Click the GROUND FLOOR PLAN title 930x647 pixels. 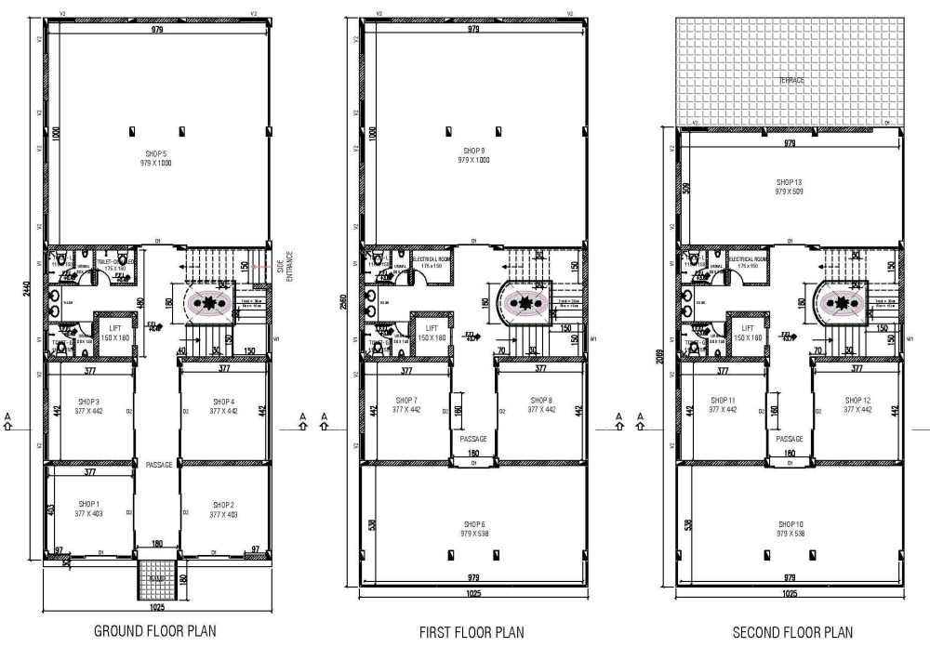(155, 631)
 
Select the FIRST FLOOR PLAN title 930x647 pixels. (472, 632)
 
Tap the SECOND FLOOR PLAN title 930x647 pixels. (791, 632)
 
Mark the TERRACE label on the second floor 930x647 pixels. (791, 81)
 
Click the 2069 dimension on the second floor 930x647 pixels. (660, 379)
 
